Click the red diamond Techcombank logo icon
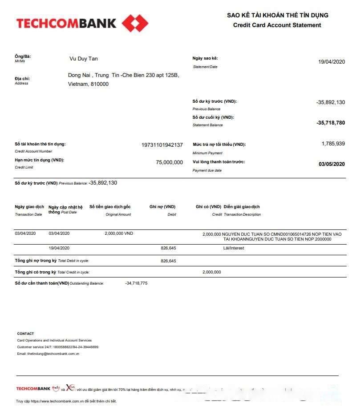[x=135, y=23]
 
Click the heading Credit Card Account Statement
[x=277, y=25]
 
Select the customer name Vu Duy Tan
[x=84, y=59]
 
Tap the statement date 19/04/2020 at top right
[x=332, y=62]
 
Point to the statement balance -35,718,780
[x=330, y=123]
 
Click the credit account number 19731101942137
[x=162, y=145]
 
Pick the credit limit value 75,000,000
[x=169, y=162]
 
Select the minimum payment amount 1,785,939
[x=333, y=144]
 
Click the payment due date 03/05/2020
[x=332, y=164]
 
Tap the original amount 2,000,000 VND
[x=119, y=233]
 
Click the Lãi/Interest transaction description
[x=234, y=248]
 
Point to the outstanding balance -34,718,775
[x=136, y=283]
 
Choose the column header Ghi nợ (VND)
[x=162, y=207]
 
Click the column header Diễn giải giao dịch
[x=242, y=207]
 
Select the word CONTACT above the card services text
[x=25, y=334]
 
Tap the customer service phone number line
[x=58, y=347]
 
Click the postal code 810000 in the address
[x=100, y=84]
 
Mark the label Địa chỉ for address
[x=22, y=79]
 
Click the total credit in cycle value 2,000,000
[x=211, y=272]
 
